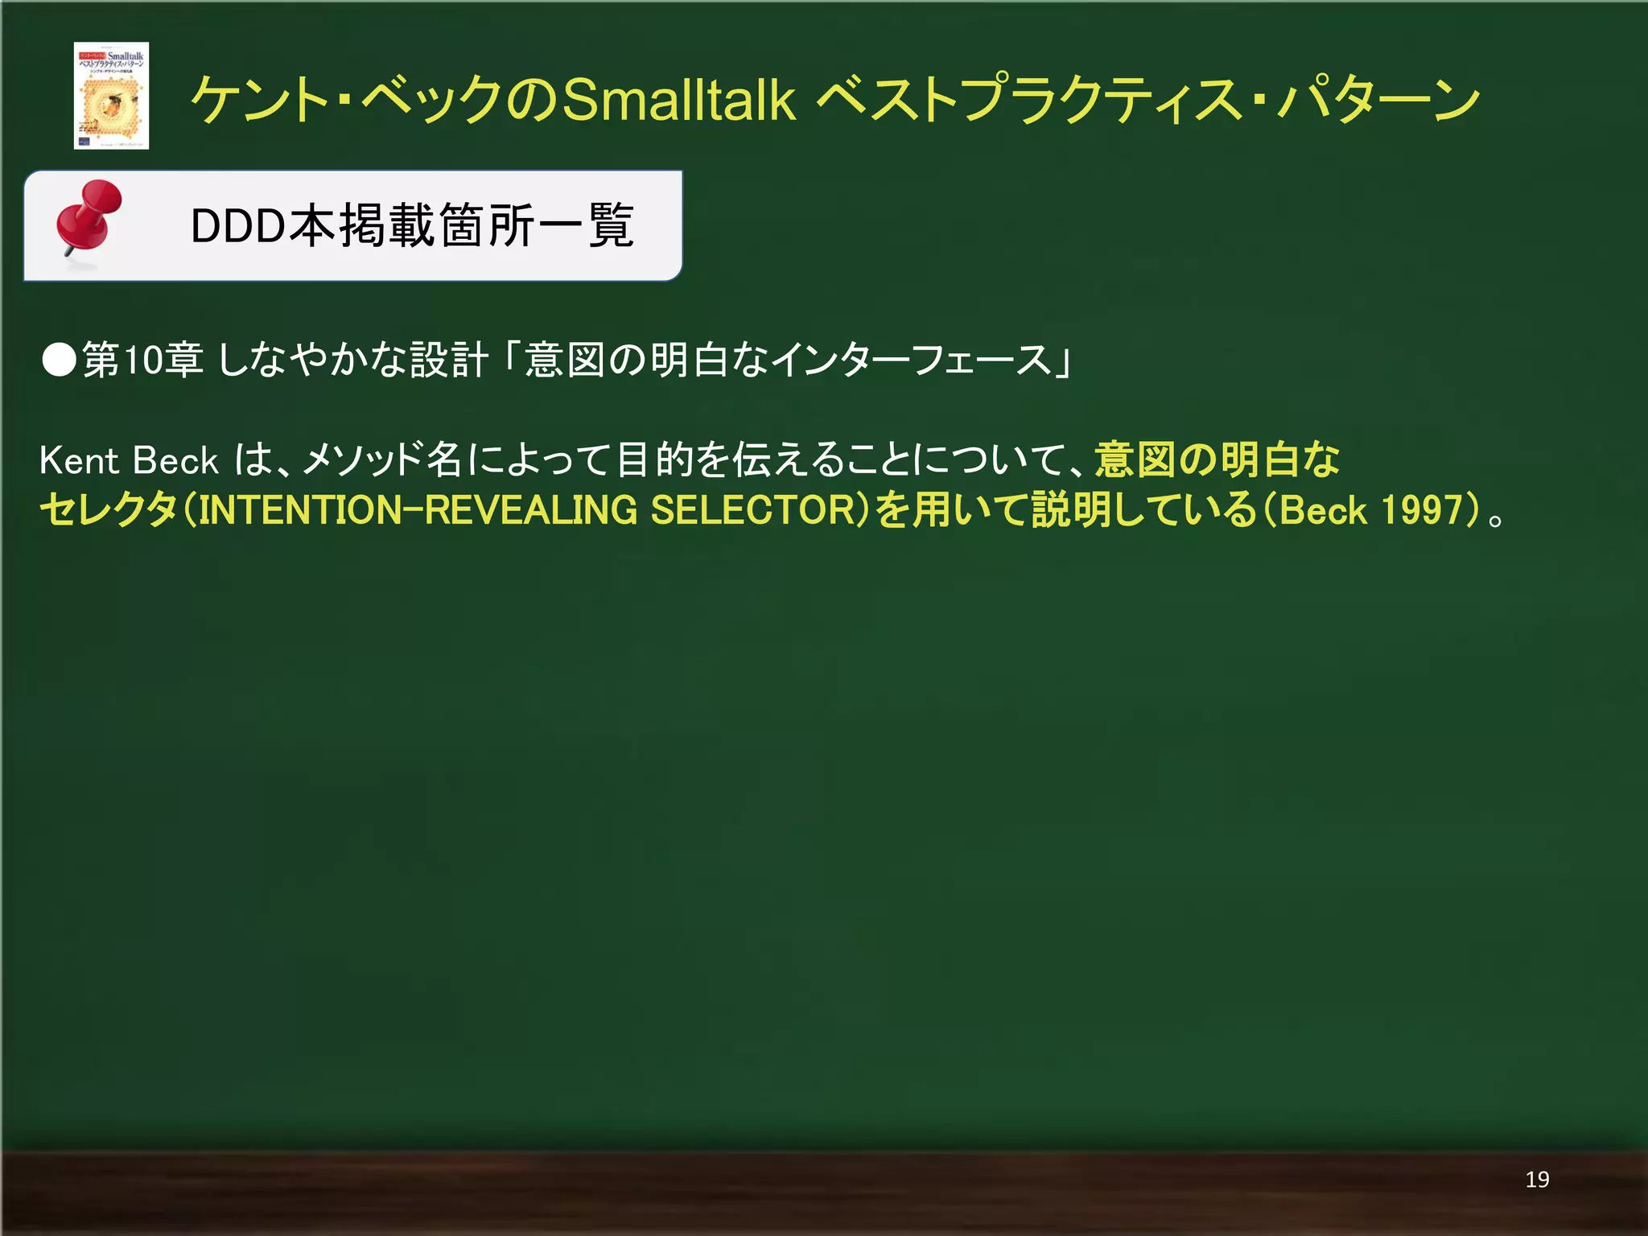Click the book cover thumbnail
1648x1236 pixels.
coord(111,96)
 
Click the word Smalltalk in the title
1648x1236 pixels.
coord(678,100)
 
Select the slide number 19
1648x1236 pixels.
coord(1537,1180)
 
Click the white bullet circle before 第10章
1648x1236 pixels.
coord(59,360)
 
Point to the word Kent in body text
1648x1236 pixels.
coord(79,460)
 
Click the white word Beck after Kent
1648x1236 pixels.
coord(175,460)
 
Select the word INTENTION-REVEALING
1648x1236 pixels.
coord(418,510)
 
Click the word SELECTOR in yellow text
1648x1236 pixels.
coord(756,510)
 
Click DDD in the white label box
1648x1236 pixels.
coord(237,226)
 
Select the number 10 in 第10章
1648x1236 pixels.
coord(145,360)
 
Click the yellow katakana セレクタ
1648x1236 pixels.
coord(108,510)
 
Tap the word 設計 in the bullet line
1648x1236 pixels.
coord(448,360)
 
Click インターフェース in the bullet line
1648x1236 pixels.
coord(910,360)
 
